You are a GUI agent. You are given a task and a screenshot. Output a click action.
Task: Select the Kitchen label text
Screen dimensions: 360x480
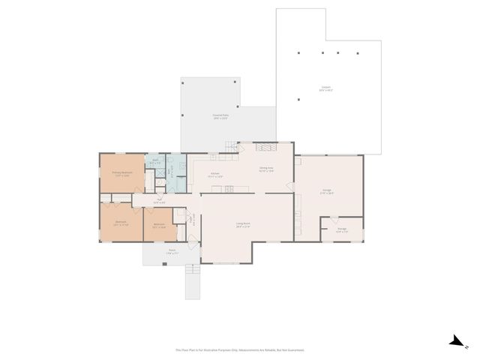[214, 175]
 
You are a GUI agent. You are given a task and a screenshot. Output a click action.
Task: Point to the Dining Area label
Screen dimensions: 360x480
[265, 169]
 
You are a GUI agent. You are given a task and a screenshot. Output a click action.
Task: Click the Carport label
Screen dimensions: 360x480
[325, 88]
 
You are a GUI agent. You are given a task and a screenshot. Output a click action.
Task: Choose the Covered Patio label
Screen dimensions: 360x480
[220, 116]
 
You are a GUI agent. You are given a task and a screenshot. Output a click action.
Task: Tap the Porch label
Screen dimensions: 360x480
[172, 251]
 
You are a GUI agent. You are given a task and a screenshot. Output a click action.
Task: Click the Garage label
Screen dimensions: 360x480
[328, 191]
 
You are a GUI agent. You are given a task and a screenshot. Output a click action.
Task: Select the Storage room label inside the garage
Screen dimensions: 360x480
[341, 230]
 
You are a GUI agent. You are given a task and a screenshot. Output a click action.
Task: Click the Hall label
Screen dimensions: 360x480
[159, 201]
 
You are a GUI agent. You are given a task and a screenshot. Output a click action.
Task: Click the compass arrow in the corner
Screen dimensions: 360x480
[456, 341]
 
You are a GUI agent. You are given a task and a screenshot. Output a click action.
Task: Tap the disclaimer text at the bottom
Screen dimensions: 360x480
[240, 349]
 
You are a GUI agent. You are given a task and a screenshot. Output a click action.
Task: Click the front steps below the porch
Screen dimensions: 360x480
[193, 283]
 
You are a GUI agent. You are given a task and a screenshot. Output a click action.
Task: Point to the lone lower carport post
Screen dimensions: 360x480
[298, 100]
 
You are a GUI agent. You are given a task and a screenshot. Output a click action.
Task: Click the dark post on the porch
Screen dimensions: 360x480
[166, 263]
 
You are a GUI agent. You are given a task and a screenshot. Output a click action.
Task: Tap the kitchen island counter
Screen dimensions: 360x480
[223, 187]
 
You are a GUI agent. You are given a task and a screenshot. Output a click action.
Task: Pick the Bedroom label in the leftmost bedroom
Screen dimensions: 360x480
[121, 223]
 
